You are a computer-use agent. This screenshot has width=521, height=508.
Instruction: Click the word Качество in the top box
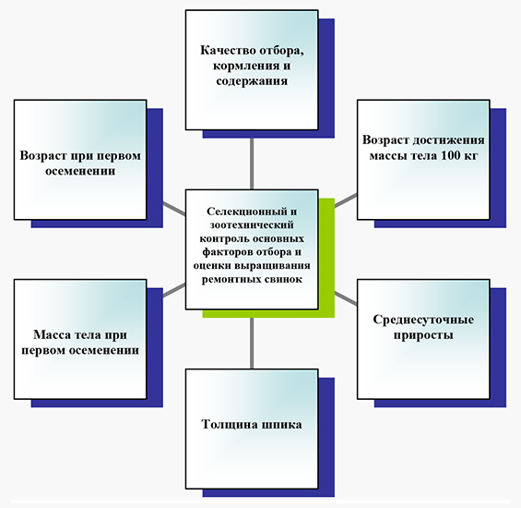click(x=228, y=51)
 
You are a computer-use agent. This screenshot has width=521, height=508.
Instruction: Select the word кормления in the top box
click(x=243, y=66)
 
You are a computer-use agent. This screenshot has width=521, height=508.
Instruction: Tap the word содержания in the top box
click(x=252, y=81)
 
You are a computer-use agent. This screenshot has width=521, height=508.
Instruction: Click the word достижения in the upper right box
click(x=449, y=139)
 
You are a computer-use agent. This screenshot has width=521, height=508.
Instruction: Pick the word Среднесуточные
click(x=423, y=320)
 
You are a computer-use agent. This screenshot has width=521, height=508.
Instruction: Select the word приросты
click(x=423, y=335)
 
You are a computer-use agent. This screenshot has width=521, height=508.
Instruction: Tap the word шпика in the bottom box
click(x=282, y=425)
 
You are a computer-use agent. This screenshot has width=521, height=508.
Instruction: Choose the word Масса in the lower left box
click(x=52, y=334)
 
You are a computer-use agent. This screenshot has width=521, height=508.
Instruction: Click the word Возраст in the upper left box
click(x=42, y=155)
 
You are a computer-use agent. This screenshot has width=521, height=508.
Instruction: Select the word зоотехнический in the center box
click(x=252, y=225)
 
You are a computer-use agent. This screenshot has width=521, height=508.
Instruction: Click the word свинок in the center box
click(x=283, y=279)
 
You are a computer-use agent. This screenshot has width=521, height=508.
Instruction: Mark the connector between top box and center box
click(x=252, y=163)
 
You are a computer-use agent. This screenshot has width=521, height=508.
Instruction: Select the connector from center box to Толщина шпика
click(x=252, y=344)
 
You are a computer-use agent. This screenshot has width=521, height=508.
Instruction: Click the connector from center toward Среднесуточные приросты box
click(x=346, y=298)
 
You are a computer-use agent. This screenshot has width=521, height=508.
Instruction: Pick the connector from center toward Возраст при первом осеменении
click(x=174, y=209)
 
